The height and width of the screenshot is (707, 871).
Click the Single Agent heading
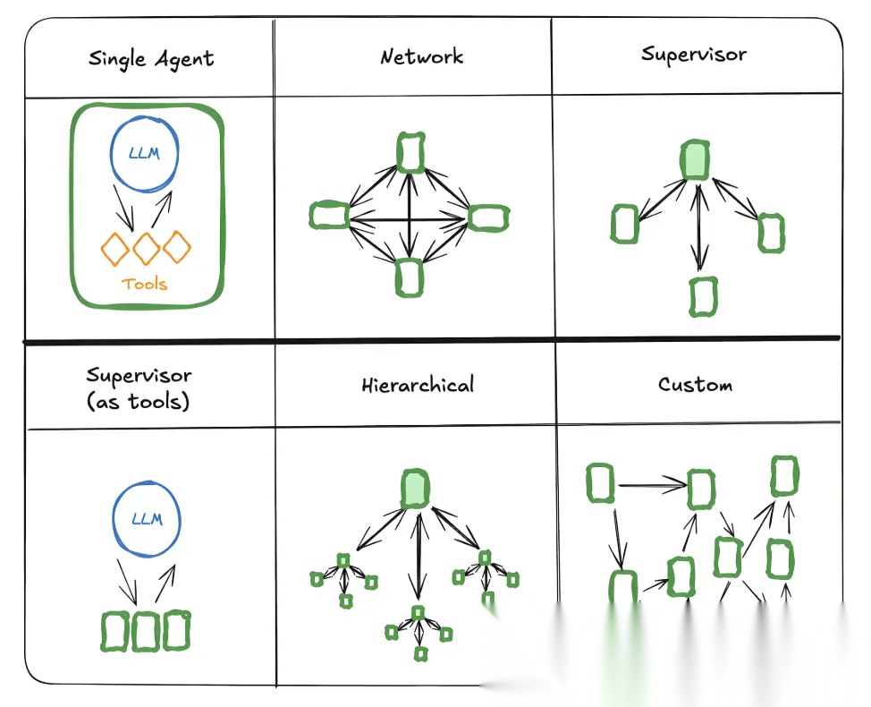point(151,60)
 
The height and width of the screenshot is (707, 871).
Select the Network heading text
point(421,57)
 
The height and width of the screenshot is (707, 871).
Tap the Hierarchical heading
point(418,386)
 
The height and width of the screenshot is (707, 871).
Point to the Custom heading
point(695,385)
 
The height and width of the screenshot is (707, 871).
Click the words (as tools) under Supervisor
point(139,401)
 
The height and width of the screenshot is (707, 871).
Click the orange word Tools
point(145,284)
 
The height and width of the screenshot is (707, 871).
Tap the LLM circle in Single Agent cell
point(144,155)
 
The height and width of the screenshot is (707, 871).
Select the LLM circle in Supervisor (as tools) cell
point(147,519)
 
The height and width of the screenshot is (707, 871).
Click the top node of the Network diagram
point(410,152)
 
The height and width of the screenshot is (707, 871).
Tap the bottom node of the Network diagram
point(410,277)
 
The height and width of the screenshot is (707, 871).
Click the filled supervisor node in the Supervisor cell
point(695,159)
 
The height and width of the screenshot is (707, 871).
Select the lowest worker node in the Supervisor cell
point(704,296)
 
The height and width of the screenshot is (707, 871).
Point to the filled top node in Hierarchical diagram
point(415,489)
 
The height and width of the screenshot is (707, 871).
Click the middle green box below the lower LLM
point(146,631)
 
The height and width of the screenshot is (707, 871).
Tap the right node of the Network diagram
point(488,217)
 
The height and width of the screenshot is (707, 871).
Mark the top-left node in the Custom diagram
point(601,483)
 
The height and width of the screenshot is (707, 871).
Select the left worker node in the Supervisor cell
point(625,224)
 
